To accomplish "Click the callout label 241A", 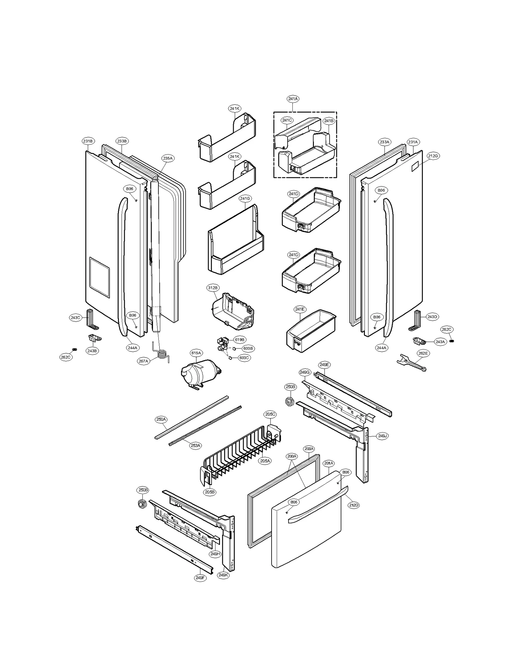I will click(x=293, y=99).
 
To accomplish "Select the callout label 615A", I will click(x=196, y=353).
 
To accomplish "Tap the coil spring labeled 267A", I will click(x=163, y=355).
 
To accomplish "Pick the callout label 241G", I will click(x=245, y=198).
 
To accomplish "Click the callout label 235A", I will click(x=168, y=158).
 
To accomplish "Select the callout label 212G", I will click(x=433, y=156).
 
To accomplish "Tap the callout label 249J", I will click(x=383, y=436).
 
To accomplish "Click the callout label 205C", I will click(x=270, y=414).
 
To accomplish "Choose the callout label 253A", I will click(x=196, y=445).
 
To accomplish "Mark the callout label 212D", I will click(x=354, y=505).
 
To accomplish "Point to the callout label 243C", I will click(x=75, y=317).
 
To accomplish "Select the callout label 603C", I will click(x=244, y=357).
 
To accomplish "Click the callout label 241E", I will click(x=300, y=309).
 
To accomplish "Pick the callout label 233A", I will click(x=384, y=142).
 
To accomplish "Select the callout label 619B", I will click(x=240, y=340).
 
